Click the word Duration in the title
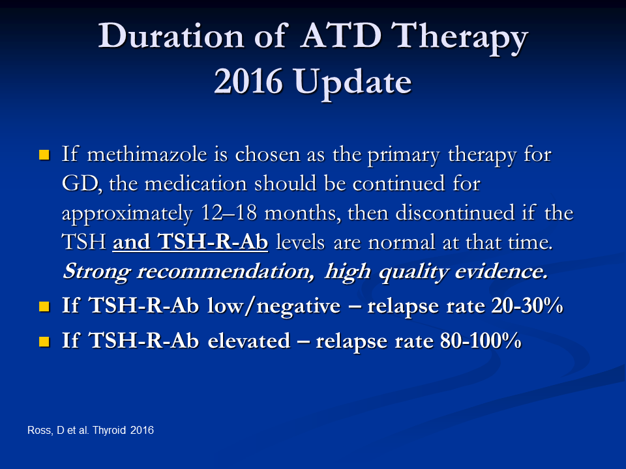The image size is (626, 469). [171, 36]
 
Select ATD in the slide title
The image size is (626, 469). [341, 36]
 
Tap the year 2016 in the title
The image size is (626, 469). [248, 82]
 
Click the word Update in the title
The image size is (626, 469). [353, 85]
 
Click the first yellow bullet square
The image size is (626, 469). [44, 155]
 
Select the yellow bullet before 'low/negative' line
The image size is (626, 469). [44, 306]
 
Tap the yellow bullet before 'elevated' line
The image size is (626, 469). [44, 341]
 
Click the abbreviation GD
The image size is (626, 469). [81, 184]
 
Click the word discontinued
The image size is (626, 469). [455, 212]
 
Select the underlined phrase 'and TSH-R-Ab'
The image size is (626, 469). [190, 242]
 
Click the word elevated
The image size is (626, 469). [248, 341]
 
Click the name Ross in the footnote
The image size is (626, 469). [40, 431]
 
